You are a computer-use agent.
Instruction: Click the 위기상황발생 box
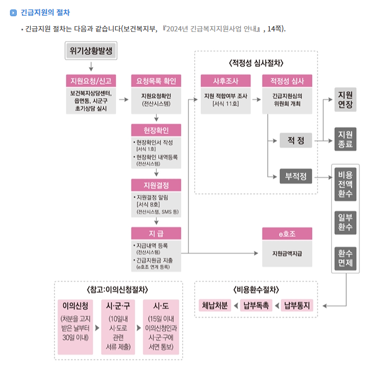(x=91, y=51)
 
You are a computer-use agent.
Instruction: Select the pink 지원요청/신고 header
(x=91, y=81)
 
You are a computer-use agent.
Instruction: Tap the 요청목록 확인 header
(x=156, y=81)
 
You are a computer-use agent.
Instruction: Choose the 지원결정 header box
(x=156, y=185)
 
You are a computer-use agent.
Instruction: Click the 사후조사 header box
(x=226, y=81)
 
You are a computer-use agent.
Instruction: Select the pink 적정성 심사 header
(x=287, y=81)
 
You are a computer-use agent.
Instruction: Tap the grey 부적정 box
(x=296, y=177)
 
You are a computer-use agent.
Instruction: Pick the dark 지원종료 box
(x=345, y=139)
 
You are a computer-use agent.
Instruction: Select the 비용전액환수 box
(x=345, y=184)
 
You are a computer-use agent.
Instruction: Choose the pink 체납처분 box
(x=214, y=305)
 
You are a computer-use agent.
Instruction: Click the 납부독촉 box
(x=255, y=305)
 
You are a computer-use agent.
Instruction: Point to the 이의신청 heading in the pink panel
(x=75, y=305)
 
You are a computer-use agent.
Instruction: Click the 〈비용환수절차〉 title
(x=256, y=289)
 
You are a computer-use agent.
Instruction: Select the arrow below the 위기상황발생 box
(x=91, y=66)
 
